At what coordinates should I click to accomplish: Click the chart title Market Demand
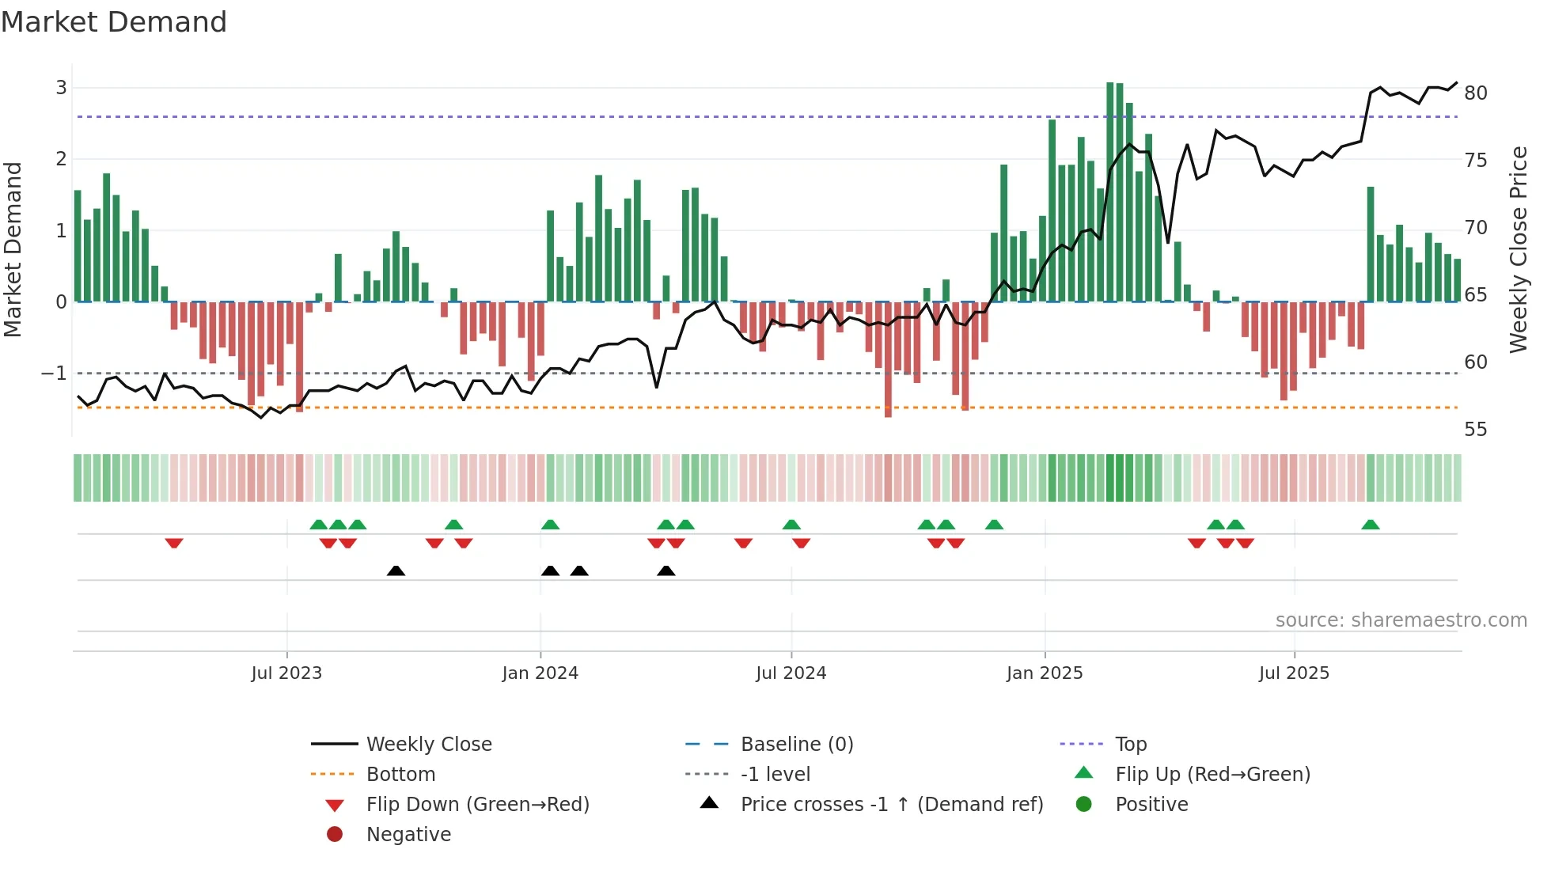[x=114, y=22]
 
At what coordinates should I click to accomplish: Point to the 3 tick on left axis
[x=61, y=88]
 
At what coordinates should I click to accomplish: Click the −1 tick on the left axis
[x=55, y=373]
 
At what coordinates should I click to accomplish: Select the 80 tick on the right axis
[x=1476, y=93]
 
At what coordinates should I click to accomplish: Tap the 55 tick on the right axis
[x=1476, y=430]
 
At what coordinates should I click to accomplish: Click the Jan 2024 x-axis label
[x=540, y=673]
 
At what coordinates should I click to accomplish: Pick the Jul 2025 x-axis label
[x=1294, y=673]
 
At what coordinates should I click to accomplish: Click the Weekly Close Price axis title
[x=1518, y=249]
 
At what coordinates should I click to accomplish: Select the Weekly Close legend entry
[x=428, y=745]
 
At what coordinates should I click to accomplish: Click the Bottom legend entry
[x=400, y=775]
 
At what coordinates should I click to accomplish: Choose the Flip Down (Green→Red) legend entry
[x=477, y=805]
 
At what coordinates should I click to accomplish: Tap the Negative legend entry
[x=408, y=835]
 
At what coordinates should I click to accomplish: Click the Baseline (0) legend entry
[x=796, y=745]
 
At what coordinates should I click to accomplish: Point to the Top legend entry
[x=1130, y=745]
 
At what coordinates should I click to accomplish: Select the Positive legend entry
[x=1151, y=805]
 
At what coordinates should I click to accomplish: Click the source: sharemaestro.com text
[x=1401, y=620]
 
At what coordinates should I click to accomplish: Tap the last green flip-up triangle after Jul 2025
[x=1371, y=525]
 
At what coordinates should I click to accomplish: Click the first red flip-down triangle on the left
[x=174, y=543]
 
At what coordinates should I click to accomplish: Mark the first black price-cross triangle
[x=396, y=571]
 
